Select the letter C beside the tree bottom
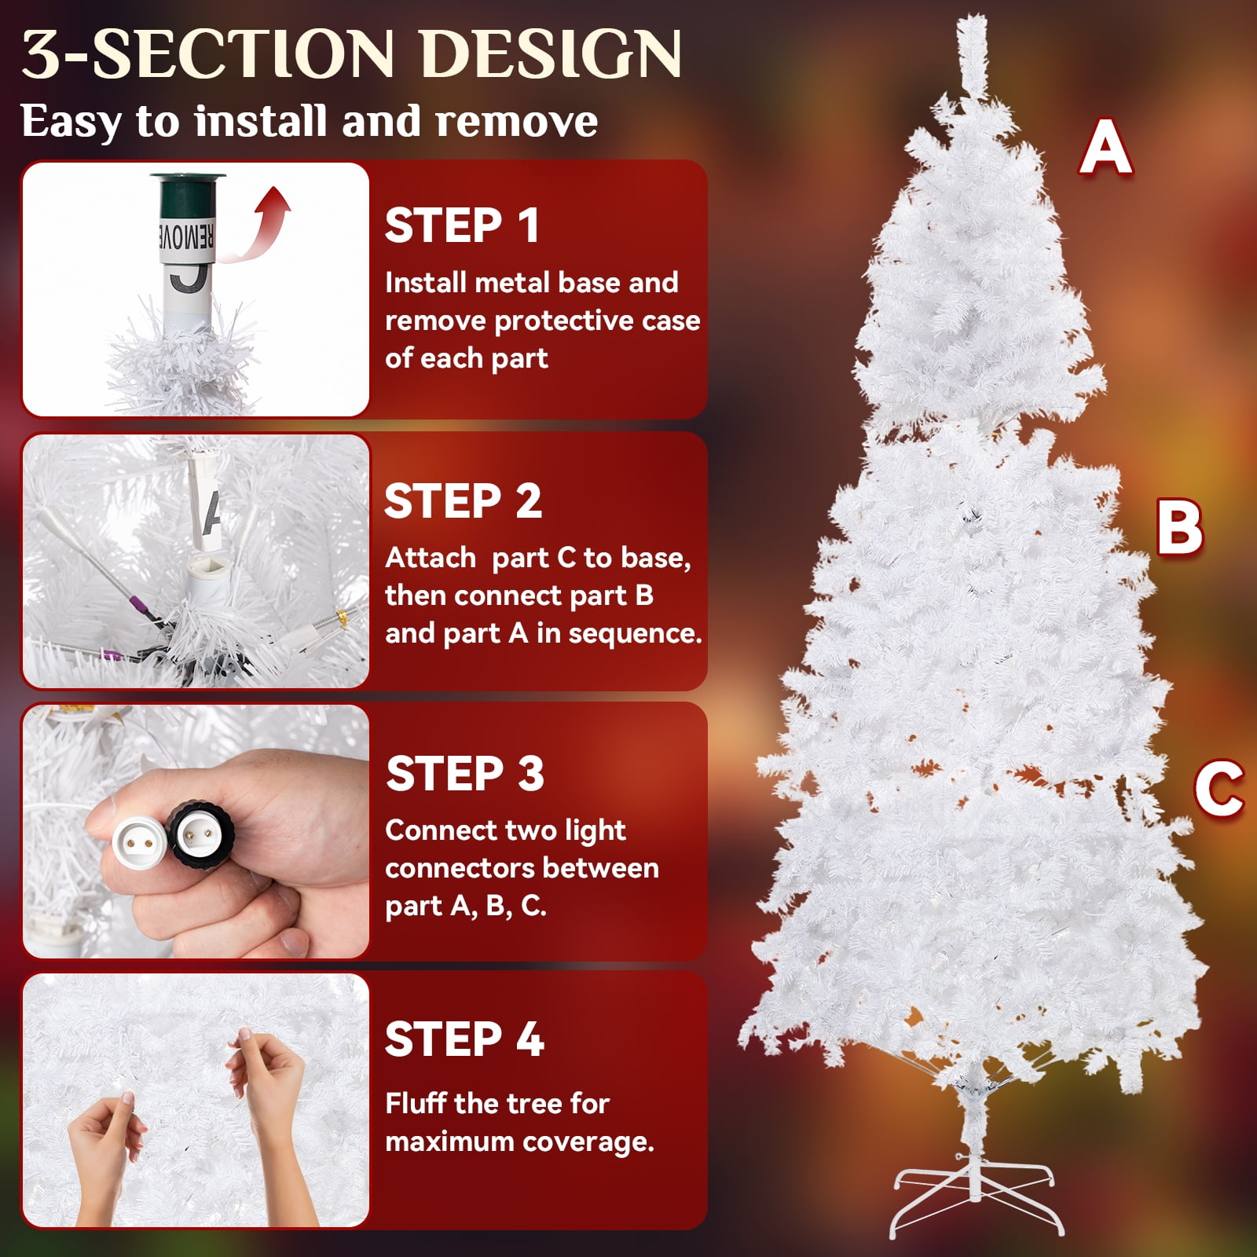pyautogui.click(x=1219, y=788)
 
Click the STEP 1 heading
pyautogui.click(x=462, y=225)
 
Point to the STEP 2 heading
pyautogui.click(x=463, y=501)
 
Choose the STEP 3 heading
pyautogui.click(x=465, y=774)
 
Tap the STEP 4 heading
pyautogui.click(x=464, y=1039)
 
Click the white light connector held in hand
pyautogui.click(x=139, y=837)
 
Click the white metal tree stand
pyautogui.click(x=977, y=1198)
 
